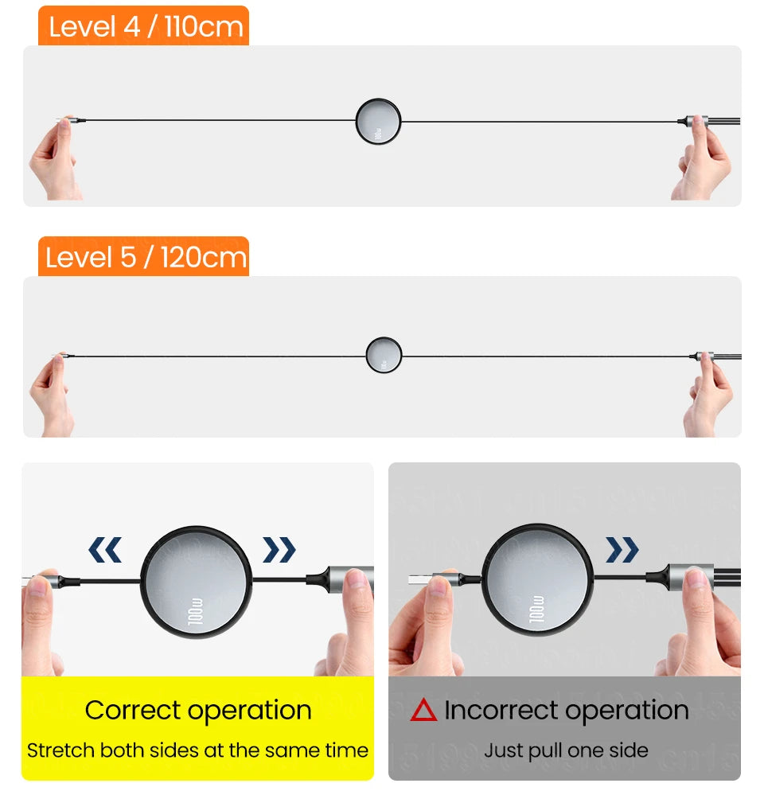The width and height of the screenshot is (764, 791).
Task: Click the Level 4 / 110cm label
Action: [x=144, y=26]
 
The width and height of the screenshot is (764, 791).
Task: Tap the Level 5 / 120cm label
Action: [x=144, y=257]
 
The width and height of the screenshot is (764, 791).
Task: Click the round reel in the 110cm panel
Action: [x=378, y=122]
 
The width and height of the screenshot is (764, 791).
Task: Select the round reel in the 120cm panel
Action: [x=384, y=355]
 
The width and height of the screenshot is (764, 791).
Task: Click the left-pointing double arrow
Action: [x=105, y=549]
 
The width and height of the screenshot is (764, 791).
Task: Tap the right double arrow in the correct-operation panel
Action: [x=279, y=549]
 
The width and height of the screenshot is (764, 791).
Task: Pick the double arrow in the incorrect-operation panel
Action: [x=622, y=549]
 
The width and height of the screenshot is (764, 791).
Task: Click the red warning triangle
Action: [x=423, y=710]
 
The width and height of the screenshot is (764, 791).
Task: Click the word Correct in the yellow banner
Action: [x=138, y=710]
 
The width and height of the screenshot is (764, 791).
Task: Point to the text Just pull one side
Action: [x=566, y=750]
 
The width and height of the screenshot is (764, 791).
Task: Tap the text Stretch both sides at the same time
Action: [x=197, y=750]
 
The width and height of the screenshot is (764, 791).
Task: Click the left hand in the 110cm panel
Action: [x=54, y=163]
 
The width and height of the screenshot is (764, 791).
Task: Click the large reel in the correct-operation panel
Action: [x=196, y=580]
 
